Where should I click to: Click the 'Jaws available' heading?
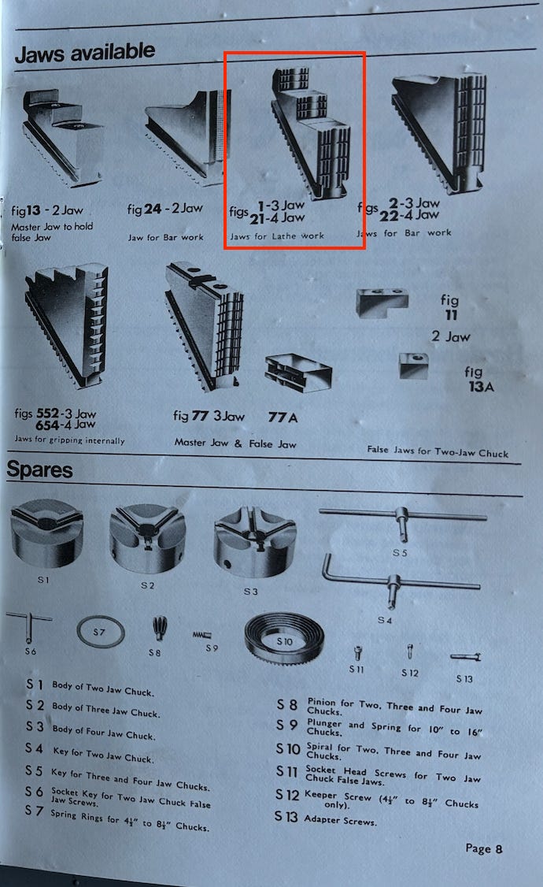(x=85, y=53)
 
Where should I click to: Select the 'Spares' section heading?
(x=39, y=469)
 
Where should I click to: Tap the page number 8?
(x=499, y=848)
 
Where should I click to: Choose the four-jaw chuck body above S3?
(x=255, y=542)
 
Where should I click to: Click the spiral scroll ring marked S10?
(x=284, y=640)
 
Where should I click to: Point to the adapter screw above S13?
(x=466, y=657)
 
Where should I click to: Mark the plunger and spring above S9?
(x=201, y=635)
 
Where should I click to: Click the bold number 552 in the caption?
(x=47, y=414)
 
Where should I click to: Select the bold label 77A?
(x=283, y=418)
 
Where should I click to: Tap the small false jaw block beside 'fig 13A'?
(x=413, y=366)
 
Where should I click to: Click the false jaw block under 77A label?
(x=298, y=373)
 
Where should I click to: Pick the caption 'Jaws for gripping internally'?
(x=69, y=440)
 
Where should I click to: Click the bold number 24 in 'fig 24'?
(x=153, y=209)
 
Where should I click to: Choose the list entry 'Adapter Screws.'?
(x=340, y=820)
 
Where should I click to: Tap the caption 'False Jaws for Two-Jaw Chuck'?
(x=438, y=451)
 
